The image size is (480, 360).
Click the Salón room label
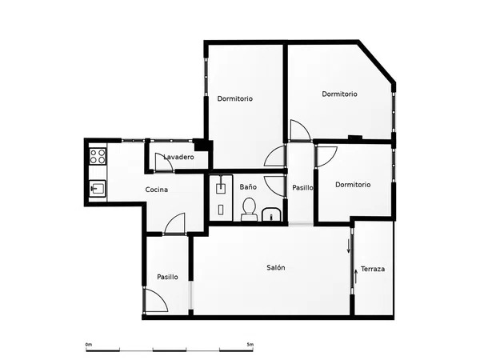click(276, 267)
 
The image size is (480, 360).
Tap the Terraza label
click(373, 269)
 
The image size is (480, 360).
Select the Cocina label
click(157, 190)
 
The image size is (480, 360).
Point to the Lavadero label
click(178, 157)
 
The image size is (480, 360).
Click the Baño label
click(248, 186)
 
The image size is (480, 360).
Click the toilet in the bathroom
click(249, 210)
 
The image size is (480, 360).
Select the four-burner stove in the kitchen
click(98, 156)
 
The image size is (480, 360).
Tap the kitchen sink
click(98, 188)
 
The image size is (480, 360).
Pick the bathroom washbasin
click(271, 214)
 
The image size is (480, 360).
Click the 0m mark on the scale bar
click(89, 345)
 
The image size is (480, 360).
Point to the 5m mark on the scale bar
click(250, 345)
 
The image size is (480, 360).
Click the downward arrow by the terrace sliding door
click(348, 246)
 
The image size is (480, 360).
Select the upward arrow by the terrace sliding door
click(356, 277)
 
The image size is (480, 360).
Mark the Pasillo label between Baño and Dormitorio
click(302, 187)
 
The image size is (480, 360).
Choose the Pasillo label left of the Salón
click(167, 277)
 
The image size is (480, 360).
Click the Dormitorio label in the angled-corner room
click(339, 94)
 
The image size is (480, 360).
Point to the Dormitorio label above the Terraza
click(353, 185)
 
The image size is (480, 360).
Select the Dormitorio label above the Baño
click(234, 98)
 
